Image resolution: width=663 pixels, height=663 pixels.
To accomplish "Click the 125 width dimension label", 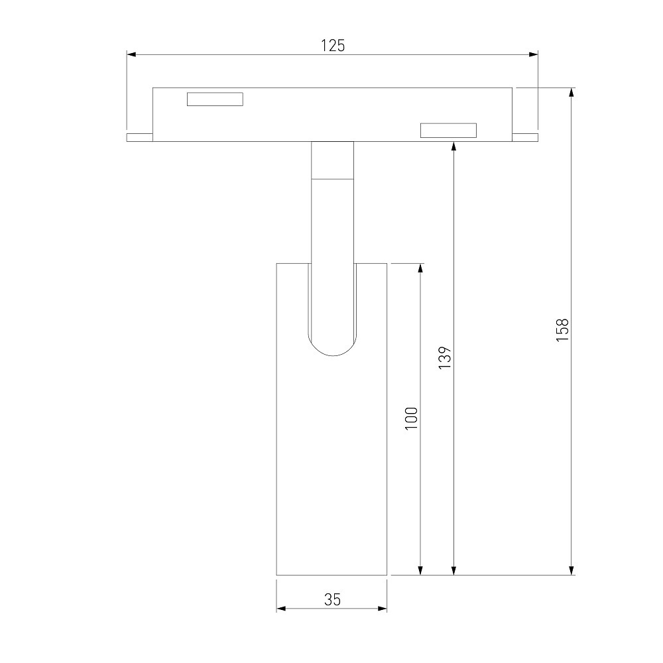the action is pyautogui.click(x=333, y=46).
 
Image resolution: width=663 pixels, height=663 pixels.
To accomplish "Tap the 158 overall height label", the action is pyautogui.click(x=562, y=330).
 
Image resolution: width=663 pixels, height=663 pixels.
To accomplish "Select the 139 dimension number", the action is pyautogui.click(x=445, y=358).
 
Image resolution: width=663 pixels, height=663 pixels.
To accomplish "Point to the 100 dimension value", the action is pyautogui.click(x=411, y=418).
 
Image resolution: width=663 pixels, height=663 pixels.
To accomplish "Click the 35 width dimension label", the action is pyautogui.click(x=332, y=599).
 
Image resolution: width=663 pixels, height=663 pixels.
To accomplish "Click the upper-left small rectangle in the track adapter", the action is pyautogui.click(x=215, y=99).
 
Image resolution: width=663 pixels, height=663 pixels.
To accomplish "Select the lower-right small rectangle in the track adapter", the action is pyautogui.click(x=448, y=130).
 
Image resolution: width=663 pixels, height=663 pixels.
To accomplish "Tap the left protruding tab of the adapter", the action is pyautogui.click(x=139, y=137).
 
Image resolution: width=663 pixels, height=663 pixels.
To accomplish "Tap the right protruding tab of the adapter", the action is pyautogui.click(x=525, y=137).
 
